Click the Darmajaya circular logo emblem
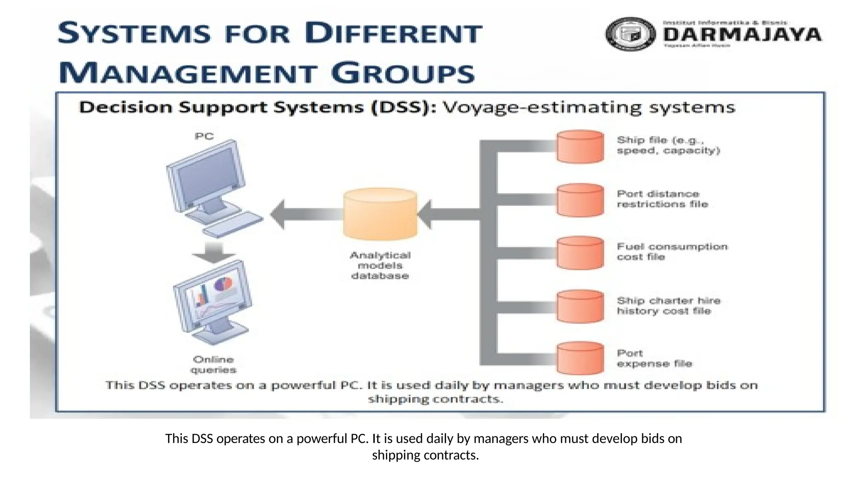pos(630,34)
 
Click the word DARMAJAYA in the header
pos(742,34)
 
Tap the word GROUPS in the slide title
pos(402,73)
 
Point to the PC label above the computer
pos(204,136)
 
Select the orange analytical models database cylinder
pos(380,214)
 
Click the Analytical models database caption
pos(380,265)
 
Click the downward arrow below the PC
pos(214,252)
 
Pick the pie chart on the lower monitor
pos(223,284)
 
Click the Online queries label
pos(213,364)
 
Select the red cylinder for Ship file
pos(580,147)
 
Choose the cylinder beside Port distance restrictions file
pos(580,200)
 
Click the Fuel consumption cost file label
pos(672,252)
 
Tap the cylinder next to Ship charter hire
pos(580,306)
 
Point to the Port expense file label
pos(654,359)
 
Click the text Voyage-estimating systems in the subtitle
pos(589,108)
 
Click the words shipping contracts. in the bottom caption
pos(425,455)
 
